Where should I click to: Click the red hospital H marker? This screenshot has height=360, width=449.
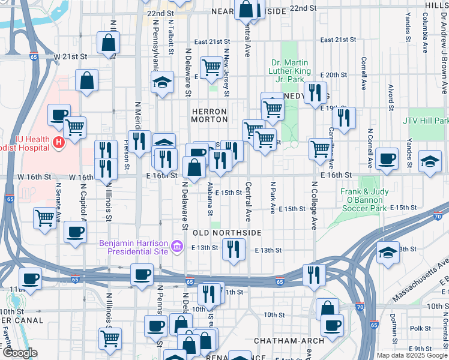pyautogui.click(x=59, y=142)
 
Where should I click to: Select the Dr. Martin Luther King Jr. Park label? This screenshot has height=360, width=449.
pyautogui.click(x=291, y=71)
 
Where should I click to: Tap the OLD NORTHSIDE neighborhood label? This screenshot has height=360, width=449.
pyautogui.click(x=226, y=232)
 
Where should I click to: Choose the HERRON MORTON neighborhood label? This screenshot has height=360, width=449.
pyautogui.click(x=209, y=115)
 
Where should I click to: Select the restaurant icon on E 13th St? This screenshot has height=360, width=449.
pyautogui.click(x=234, y=248)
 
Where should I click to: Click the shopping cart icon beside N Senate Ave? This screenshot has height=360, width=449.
pyautogui.click(x=45, y=217)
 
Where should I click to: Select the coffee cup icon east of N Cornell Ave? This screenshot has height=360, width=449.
pyautogui.click(x=387, y=158)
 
